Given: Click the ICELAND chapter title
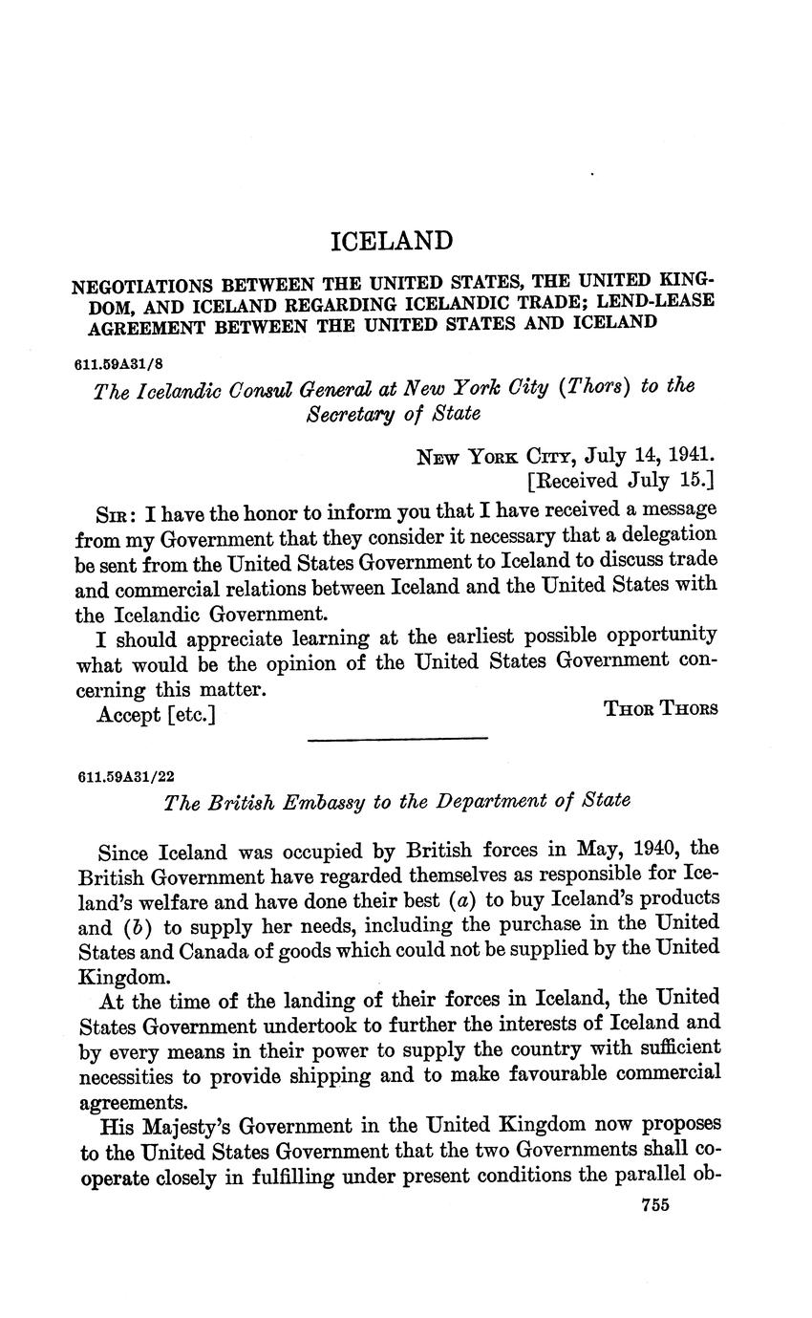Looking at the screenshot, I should [391, 240].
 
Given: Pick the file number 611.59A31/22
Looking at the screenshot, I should [123, 777].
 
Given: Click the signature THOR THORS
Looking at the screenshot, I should [661, 708].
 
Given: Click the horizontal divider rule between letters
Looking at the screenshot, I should [397, 738].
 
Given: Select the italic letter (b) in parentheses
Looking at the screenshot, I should [139, 924].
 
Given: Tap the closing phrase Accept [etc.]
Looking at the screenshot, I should [156, 714].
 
